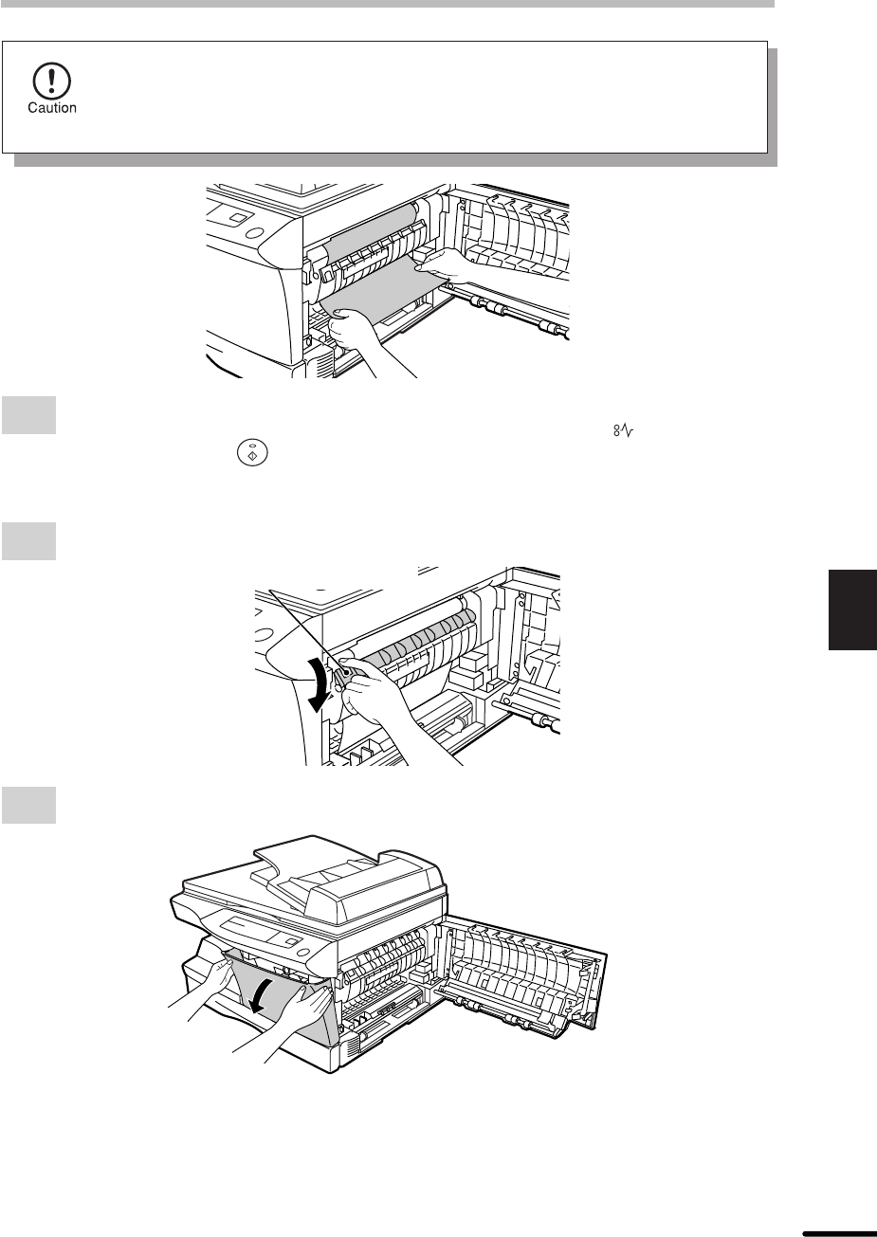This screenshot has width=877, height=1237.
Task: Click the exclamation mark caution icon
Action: (x=52, y=82)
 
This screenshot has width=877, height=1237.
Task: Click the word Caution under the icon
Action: (x=52, y=108)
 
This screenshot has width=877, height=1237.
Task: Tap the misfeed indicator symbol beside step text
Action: (x=623, y=430)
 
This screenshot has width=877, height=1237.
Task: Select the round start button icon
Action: (x=252, y=453)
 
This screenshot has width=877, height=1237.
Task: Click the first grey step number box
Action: (x=28, y=415)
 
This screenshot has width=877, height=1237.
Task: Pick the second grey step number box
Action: (x=28, y=541)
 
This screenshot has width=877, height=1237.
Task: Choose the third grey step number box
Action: (x=28, y=805)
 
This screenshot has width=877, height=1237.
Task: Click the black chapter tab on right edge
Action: (x=852, y=609)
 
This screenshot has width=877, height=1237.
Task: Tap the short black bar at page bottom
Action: (x=839, y=1232)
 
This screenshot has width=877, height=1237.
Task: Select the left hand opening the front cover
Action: (x=205, y=994)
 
